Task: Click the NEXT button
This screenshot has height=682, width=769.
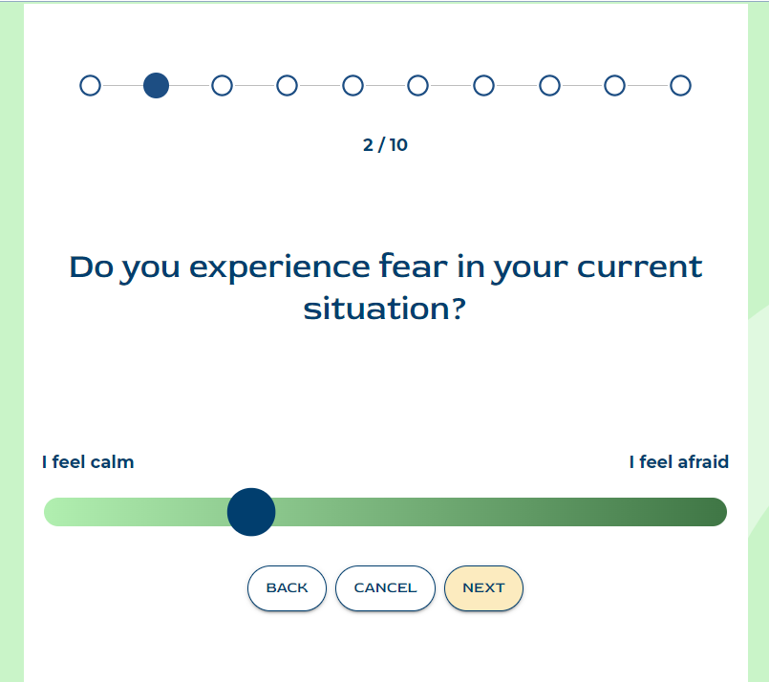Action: tap(483, 587)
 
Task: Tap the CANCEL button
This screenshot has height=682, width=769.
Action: tap(385, 587)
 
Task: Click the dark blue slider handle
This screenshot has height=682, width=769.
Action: tap(251, 512)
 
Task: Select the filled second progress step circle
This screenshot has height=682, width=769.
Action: tap(156, 85)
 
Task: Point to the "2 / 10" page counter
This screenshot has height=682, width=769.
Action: tap(385, 145)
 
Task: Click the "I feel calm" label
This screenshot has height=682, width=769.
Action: tap(88, 462)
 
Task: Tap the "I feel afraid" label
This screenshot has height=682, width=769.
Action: tap(679, 462)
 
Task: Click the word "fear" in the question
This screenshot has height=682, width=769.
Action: tap(413, 266)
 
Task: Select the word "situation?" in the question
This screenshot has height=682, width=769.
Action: tap(384, 309)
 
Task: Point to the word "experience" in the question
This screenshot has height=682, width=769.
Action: tap(280, 267)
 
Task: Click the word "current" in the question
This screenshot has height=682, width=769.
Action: tap(639, 267)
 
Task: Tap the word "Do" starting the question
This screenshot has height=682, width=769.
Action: tap(92, 267)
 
